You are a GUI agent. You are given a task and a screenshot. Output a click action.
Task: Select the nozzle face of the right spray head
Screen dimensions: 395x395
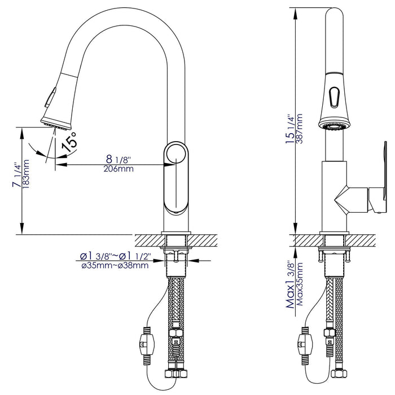[332, 128]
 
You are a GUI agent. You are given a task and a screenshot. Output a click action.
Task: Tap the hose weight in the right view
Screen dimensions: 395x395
[302, 343]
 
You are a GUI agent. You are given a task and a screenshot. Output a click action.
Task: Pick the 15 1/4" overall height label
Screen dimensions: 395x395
[289, 130]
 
